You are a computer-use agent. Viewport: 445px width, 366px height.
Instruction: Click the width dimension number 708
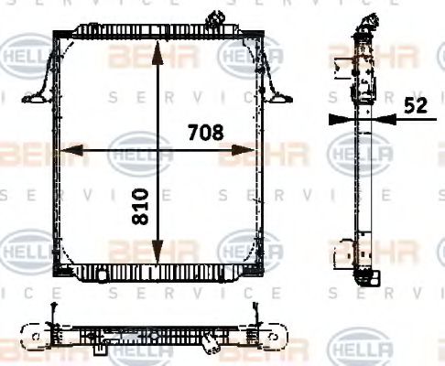206,133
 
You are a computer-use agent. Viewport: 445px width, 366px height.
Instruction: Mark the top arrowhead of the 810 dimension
160,46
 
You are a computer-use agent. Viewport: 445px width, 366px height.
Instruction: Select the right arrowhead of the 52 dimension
384,116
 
